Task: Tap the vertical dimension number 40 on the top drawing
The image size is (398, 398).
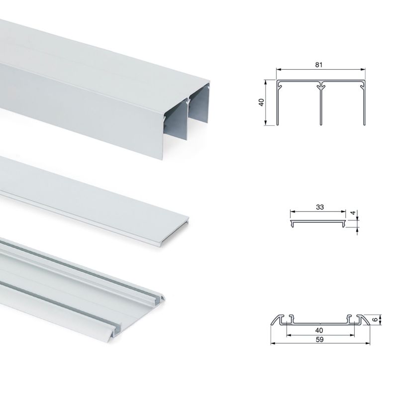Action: click(261, 102)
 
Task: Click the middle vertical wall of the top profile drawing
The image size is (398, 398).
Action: click(321, 104)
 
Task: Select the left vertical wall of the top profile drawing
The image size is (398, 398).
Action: click(278, 104)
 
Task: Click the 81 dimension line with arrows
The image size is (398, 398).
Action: click(298, 70)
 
